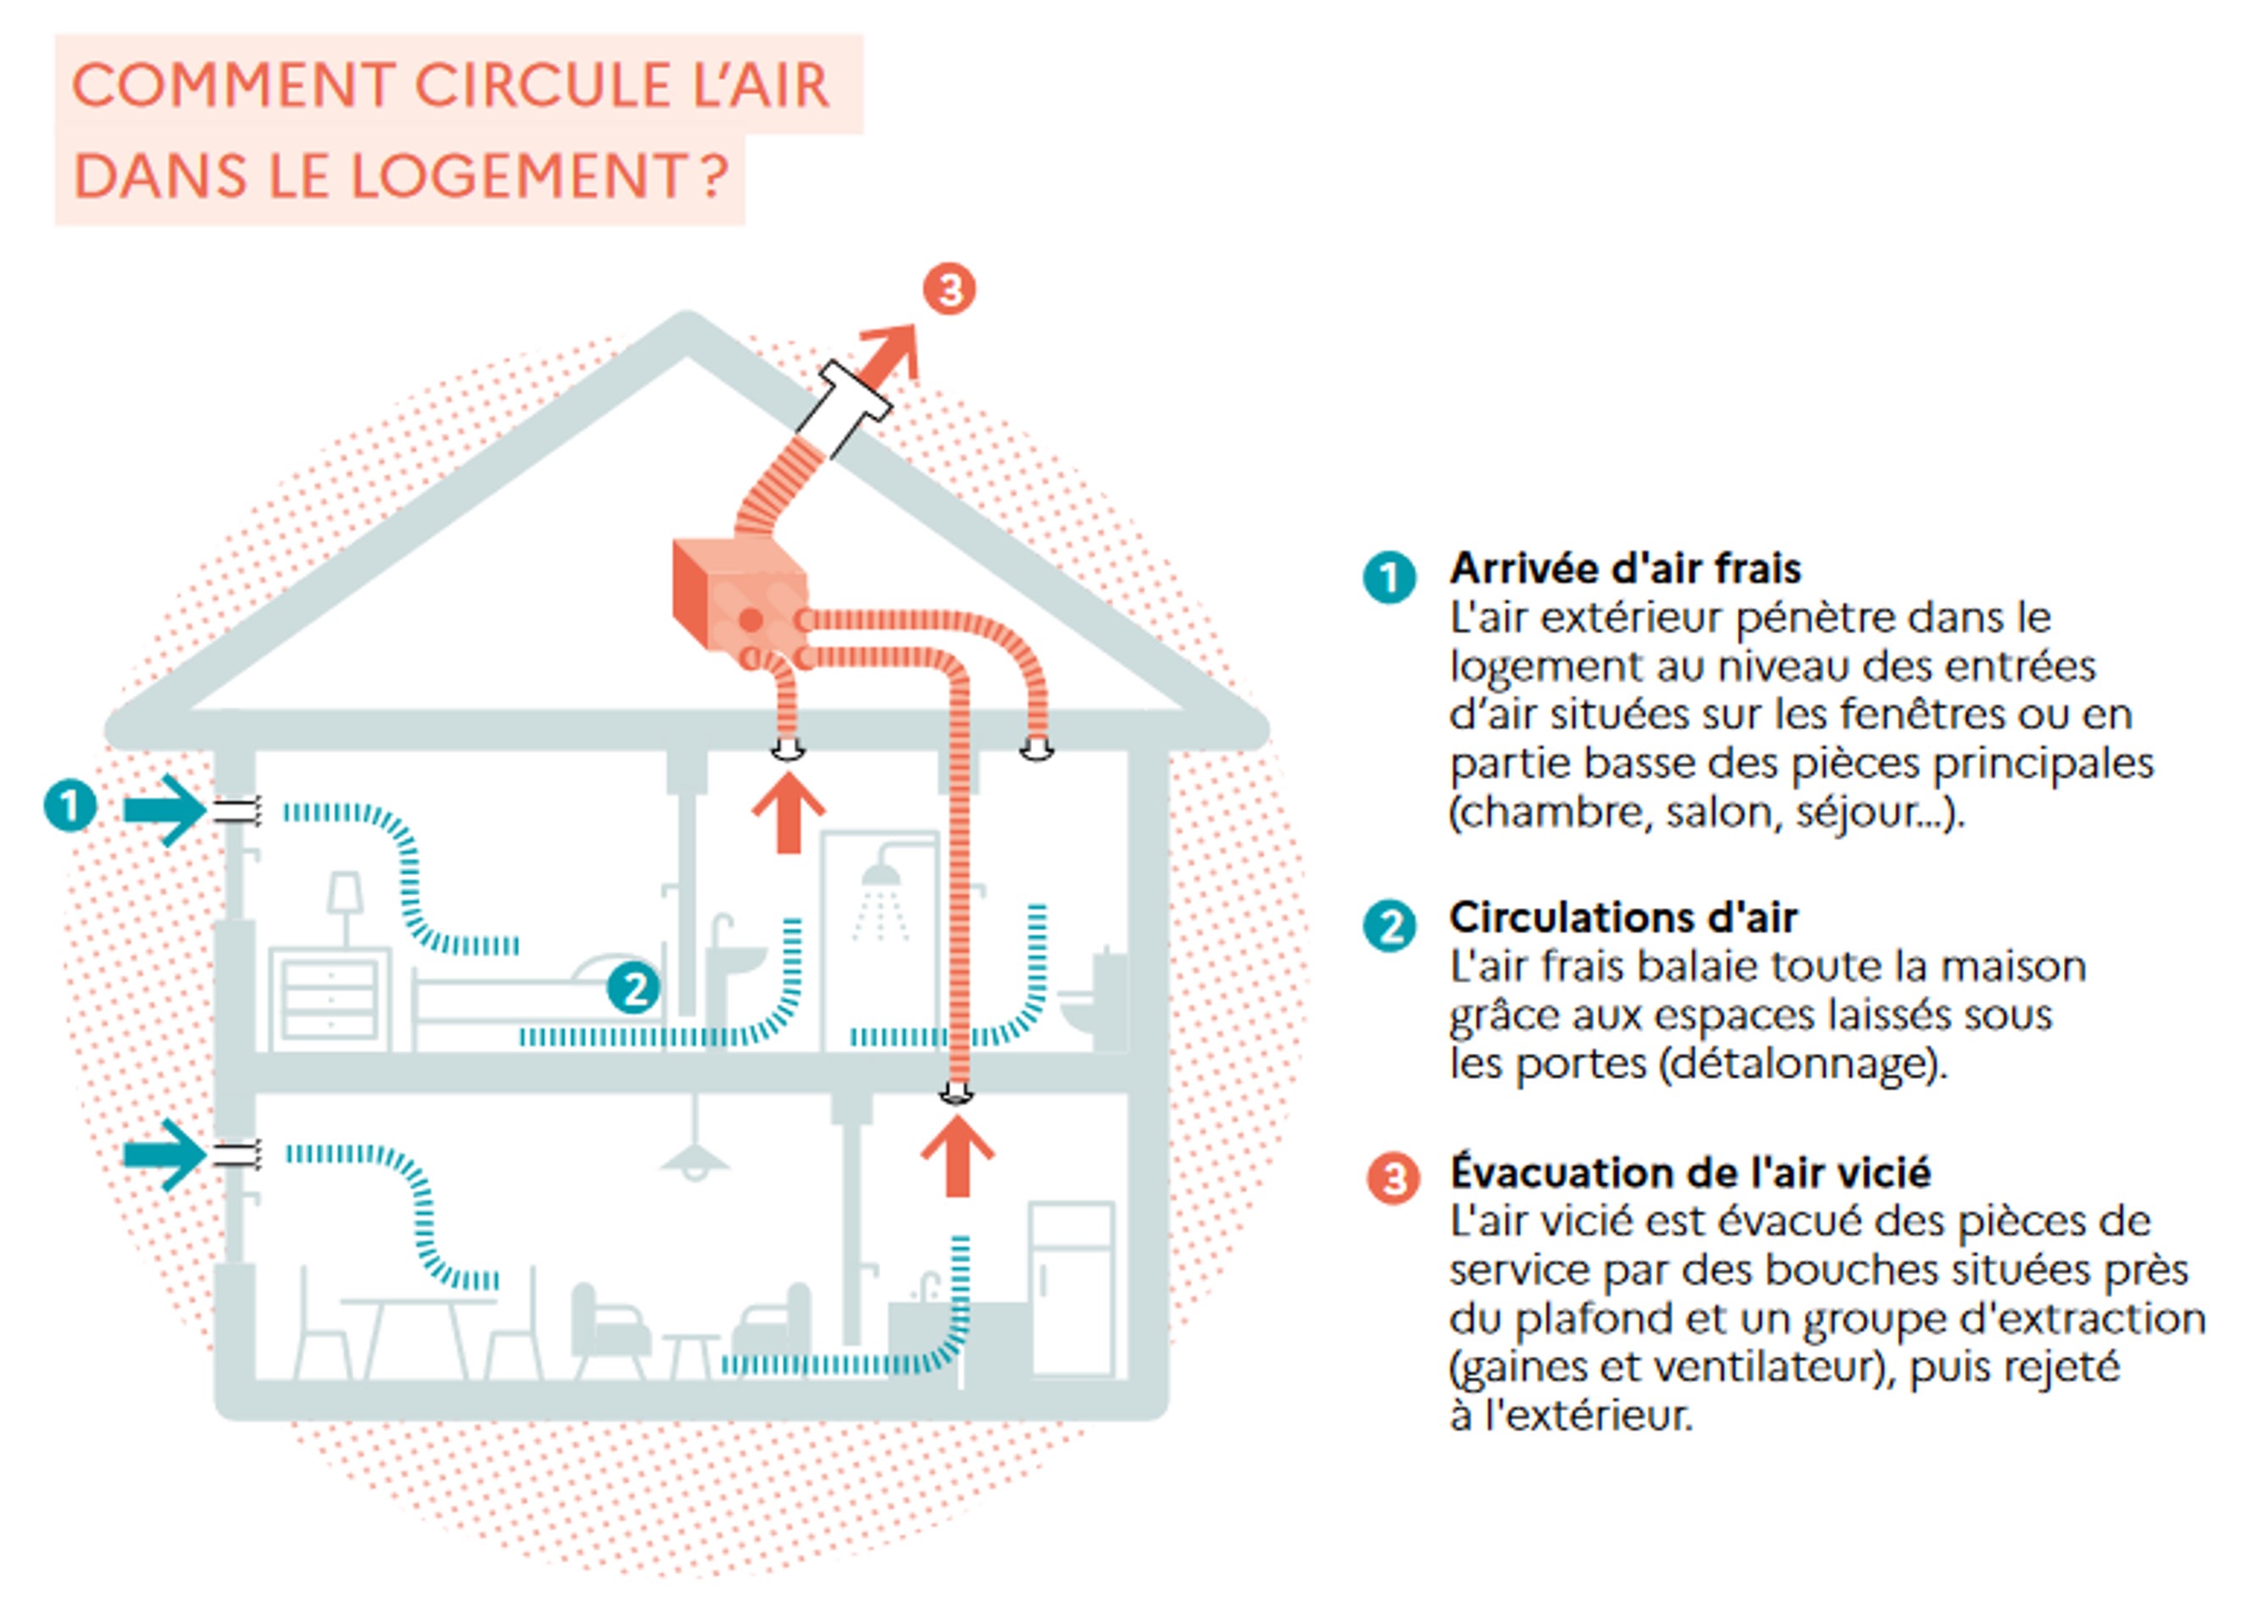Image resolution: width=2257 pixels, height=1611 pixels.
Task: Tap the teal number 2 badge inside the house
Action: pos(633,987)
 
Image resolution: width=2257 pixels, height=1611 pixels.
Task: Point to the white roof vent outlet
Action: pos(843,407)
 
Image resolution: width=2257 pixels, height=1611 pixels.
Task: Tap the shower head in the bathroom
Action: pos(880,875)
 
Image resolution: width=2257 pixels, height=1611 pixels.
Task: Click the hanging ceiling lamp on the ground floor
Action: pos(695,1154)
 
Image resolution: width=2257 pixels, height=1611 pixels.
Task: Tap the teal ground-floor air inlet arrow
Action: pos(164,1154)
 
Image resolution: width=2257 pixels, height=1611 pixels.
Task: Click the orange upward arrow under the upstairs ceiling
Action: pos(788,813)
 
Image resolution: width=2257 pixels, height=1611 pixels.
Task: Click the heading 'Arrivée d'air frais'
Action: pos(1625,568)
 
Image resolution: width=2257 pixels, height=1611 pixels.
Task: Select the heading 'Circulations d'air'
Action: pos(1623,917)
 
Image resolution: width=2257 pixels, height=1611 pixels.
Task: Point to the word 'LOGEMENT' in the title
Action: pos(518,175)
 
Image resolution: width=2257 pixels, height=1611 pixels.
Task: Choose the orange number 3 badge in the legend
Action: pos(1393,1178)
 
